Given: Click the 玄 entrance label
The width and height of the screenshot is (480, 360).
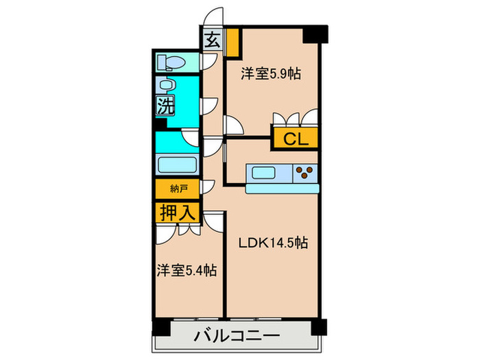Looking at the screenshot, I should tap(213, 39).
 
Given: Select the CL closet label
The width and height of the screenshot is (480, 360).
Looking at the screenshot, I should tap(295, 139).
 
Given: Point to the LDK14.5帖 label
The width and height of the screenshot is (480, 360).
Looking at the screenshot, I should tap(272, 243).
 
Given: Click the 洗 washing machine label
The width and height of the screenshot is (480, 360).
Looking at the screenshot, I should tap(165, 106).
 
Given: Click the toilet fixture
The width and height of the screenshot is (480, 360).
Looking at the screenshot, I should tap(171, 63).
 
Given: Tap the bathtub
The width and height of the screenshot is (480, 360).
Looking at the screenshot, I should tap(178, 165).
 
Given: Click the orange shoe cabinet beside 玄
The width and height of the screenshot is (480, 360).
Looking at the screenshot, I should tap(233, 42).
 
